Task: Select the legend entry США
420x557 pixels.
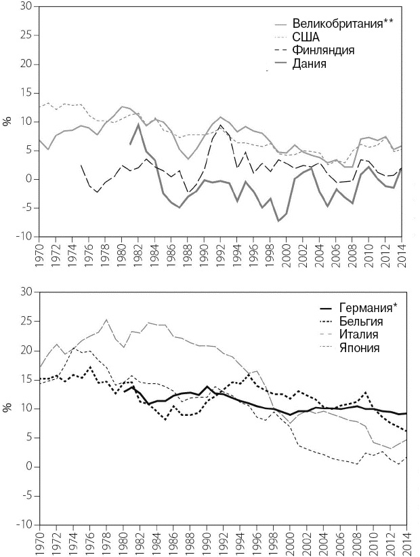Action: [306, 37]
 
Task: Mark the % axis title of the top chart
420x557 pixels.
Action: [7, 122]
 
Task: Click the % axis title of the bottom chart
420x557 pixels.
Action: [7, 408]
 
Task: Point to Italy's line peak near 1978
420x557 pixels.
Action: [106, 320]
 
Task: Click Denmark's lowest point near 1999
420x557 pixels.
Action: [278, 220]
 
